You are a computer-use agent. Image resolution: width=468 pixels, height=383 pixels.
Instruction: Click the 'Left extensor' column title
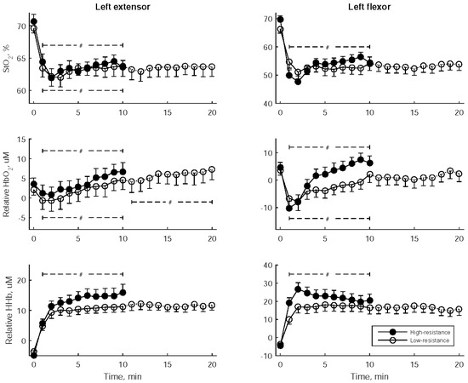pos(123,7)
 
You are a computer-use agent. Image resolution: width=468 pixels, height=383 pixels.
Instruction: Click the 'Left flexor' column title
pos(369,7)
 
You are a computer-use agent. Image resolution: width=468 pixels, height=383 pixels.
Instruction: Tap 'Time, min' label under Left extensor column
pos(123,374)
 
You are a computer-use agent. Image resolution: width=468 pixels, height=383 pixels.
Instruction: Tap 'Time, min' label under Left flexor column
pos(369,374)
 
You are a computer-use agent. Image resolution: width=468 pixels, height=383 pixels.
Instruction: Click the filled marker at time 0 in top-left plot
pos(33,21)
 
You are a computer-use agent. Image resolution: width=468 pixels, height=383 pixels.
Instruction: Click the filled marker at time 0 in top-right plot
pos(281,19)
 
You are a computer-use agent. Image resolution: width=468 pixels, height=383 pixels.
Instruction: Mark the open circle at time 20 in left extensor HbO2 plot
pos(212,169)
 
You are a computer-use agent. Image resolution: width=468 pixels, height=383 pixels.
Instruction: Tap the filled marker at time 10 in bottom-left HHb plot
pos(123,292)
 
